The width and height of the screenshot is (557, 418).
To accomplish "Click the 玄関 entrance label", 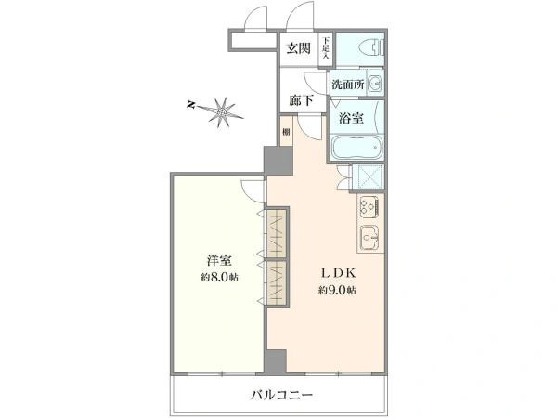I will pos(299,49).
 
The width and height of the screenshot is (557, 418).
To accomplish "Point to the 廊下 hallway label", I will pos(299,100).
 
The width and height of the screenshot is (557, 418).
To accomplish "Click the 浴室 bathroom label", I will pos(349,118).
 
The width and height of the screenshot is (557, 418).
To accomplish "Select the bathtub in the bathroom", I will pos(356,147).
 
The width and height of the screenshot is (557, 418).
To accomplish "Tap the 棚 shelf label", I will pos(287,133).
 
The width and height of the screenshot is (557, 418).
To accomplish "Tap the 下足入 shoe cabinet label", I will pos(326,48).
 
